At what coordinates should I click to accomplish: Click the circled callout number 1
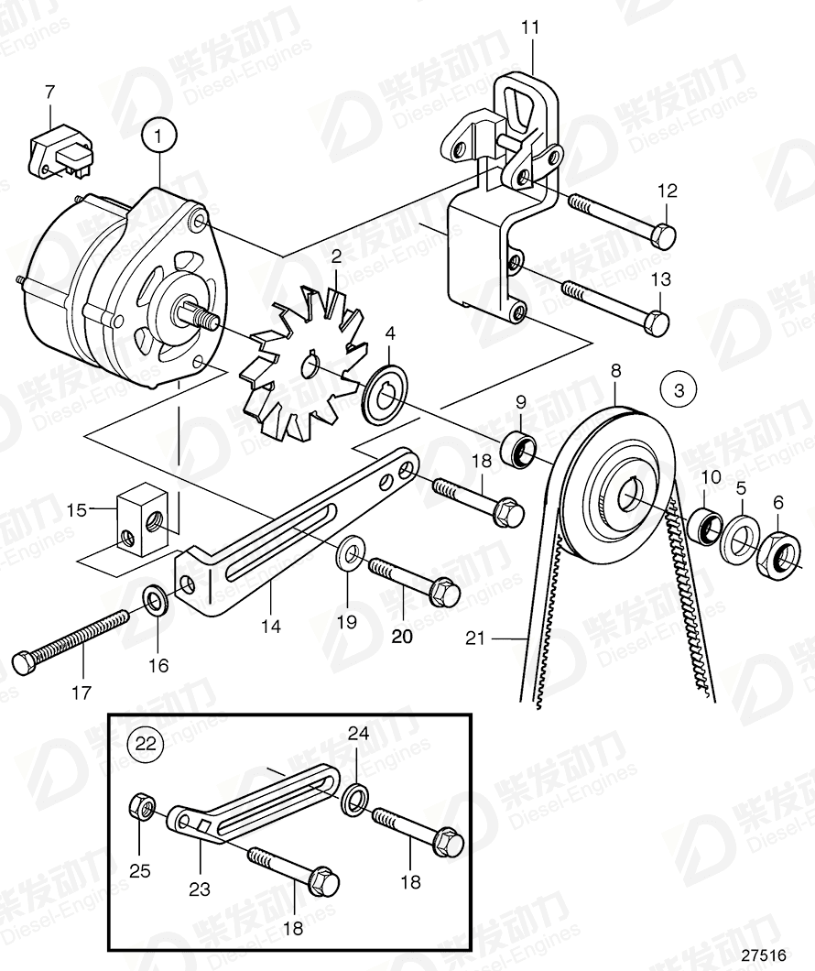click(x=158, y=136)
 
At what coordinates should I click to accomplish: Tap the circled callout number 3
click(x=679, y=391)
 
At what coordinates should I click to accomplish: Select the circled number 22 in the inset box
click(x=146, y=743)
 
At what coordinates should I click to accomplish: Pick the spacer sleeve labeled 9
click(x=521, y=450)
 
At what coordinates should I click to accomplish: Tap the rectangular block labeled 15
click(x=142, y=518)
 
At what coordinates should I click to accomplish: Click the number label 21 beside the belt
click(x=474, y=638)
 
